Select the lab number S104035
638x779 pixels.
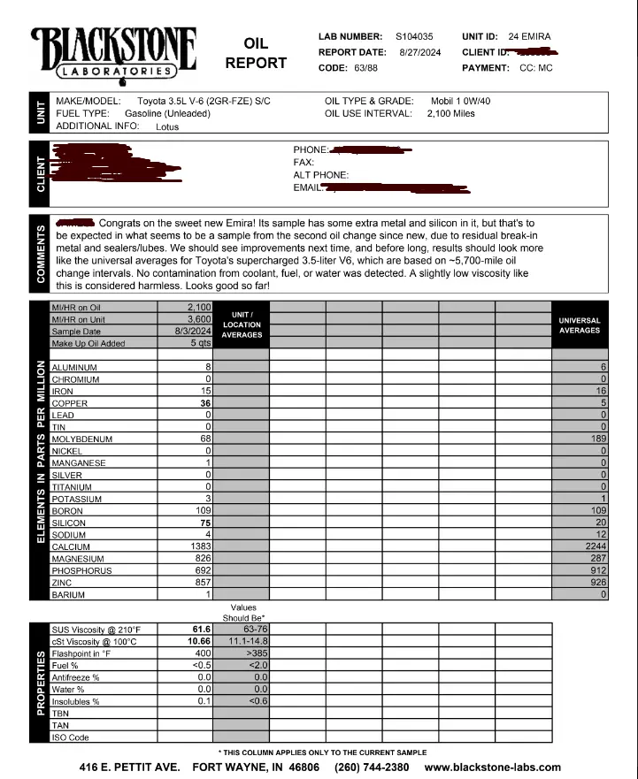414,36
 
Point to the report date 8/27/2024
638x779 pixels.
419,52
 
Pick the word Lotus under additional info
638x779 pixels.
167,126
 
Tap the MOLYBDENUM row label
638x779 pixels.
82,439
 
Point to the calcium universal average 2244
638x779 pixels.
593,546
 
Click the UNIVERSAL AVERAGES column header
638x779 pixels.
580,325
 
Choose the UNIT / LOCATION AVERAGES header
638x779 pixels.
242,325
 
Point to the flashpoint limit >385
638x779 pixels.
254,653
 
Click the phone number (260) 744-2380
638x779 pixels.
372,767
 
